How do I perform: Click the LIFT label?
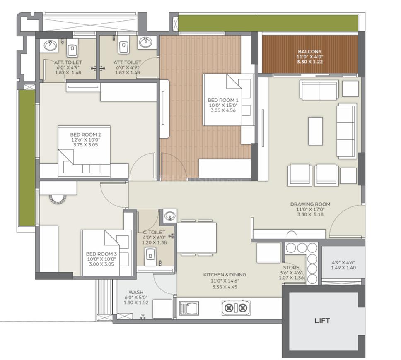coord(322,320)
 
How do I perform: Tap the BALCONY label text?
coord(310,51)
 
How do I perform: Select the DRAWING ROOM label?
coord(310,204)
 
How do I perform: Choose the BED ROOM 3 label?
coord(101,254)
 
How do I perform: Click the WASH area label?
coord(136,292)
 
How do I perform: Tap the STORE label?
coord(291,267)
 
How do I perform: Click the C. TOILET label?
coord(154,233)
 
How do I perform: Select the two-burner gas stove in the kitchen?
coord(236,308)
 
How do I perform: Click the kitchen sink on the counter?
coord(189,308)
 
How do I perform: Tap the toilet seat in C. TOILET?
coord(150,256)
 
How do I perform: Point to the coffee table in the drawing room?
coord(315,131)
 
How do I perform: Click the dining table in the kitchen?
coord(197,238)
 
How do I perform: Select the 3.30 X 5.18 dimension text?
coord(310,215)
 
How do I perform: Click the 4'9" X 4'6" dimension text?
coord(343,262)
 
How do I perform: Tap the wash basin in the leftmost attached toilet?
coord(50,46)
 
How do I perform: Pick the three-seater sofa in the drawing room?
coord(347,131)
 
